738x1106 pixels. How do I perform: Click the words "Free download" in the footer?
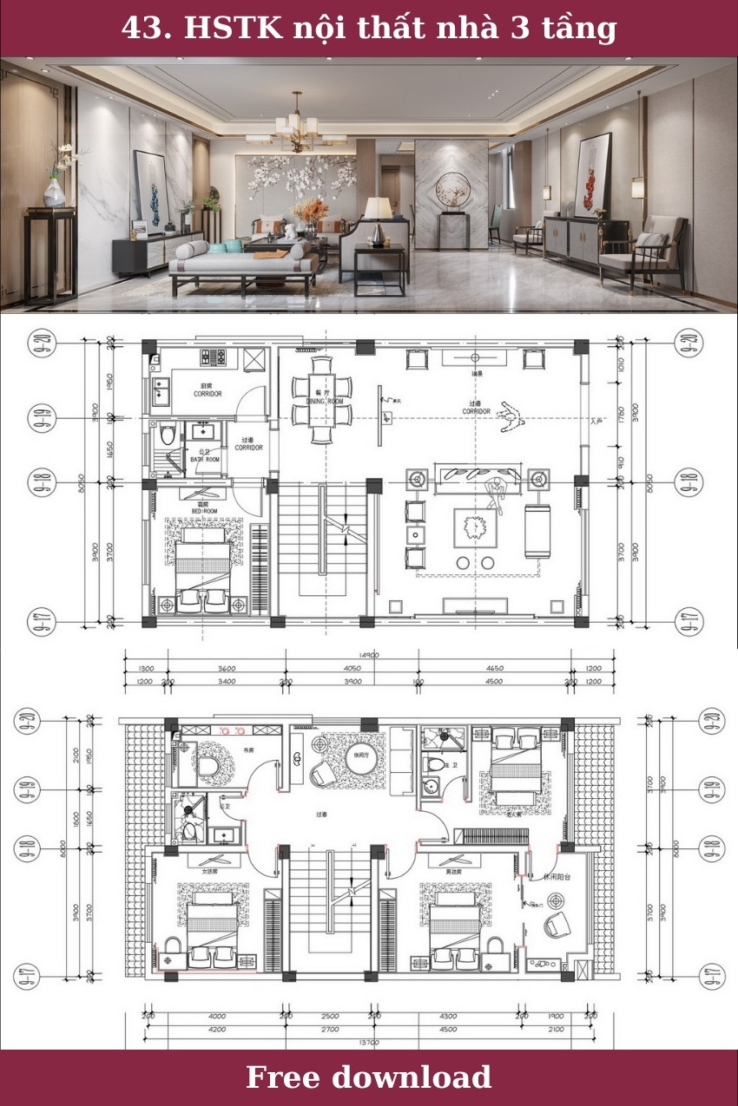[x=368, y=1077]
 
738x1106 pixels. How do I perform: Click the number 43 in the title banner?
[x=141, y=29]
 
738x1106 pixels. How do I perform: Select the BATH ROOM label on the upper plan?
[x=204, y=457]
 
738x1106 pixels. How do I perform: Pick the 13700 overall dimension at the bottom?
[x=370, y=1042]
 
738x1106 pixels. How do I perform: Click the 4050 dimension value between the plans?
[x=352, y=669]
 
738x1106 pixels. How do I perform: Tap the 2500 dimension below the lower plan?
[x=330, y=1016]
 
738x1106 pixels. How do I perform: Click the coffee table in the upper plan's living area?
[x=474, y=527]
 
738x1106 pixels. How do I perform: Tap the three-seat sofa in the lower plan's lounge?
[x=402, y=761]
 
